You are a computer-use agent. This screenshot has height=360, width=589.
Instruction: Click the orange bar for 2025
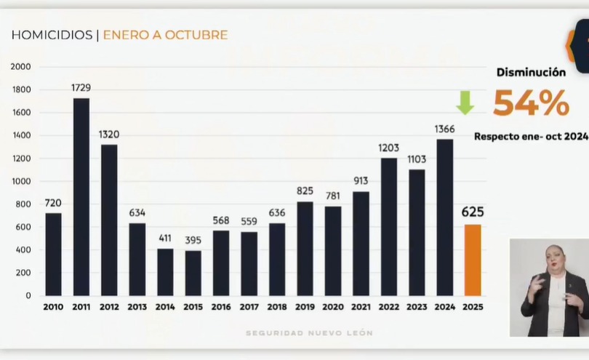tap(473, 260)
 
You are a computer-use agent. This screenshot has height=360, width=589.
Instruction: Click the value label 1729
tap(81, 88)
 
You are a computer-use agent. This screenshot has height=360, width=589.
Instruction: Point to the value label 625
tap(473, 212)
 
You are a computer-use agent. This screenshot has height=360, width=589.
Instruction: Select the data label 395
tap(193, 240)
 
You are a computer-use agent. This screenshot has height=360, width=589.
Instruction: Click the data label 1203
tap(389, 148)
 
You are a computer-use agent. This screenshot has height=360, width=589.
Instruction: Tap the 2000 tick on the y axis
tap(21, 67)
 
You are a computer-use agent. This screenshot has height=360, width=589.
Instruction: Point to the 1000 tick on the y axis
tap(21, 182)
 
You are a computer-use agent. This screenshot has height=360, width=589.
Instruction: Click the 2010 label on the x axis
tap(53, 307)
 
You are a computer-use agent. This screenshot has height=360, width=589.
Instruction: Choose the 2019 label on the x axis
tap(305, 307)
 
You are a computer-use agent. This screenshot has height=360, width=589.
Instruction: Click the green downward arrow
tap(465, 103)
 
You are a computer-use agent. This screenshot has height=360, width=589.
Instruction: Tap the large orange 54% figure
tap(531, 103)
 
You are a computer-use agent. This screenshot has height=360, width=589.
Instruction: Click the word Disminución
tap(531, 72)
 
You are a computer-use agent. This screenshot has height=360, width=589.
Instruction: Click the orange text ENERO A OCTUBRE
tap(165, 35)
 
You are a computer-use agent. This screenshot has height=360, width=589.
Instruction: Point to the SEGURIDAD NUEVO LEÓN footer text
tap(309, 333)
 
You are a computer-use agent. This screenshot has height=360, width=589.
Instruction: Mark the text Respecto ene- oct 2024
tap(531, 136)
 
